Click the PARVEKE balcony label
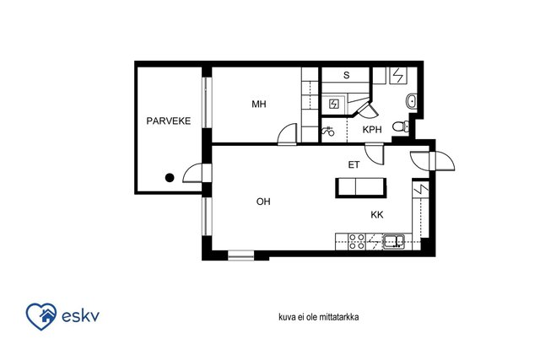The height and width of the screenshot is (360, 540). tap(169, 121)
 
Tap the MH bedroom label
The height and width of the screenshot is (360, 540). tap(259, 104)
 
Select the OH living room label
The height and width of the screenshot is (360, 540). tap(263, 201)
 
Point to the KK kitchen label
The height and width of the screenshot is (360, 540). tap(377, 215)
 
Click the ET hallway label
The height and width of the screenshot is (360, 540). tap(354, 165)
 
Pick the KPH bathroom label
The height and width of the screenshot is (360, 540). tap(372, 130)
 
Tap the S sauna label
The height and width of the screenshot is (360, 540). tap(347, 75)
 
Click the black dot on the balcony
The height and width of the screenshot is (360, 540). tap(170, 178)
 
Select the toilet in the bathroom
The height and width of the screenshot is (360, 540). tap(401, 126)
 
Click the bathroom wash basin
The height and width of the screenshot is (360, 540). tap(411, 101)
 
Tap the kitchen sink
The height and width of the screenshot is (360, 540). tap(394, 241)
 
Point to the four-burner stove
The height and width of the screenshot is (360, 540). tap(357, 241)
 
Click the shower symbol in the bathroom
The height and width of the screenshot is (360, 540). tap(328, 131)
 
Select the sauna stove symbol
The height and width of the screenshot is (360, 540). tap(334, 104)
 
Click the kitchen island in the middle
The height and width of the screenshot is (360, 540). tap(360, 187)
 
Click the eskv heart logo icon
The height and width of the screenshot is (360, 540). tap(41, 316)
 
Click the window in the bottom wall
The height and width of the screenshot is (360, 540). tap(241, 255)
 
